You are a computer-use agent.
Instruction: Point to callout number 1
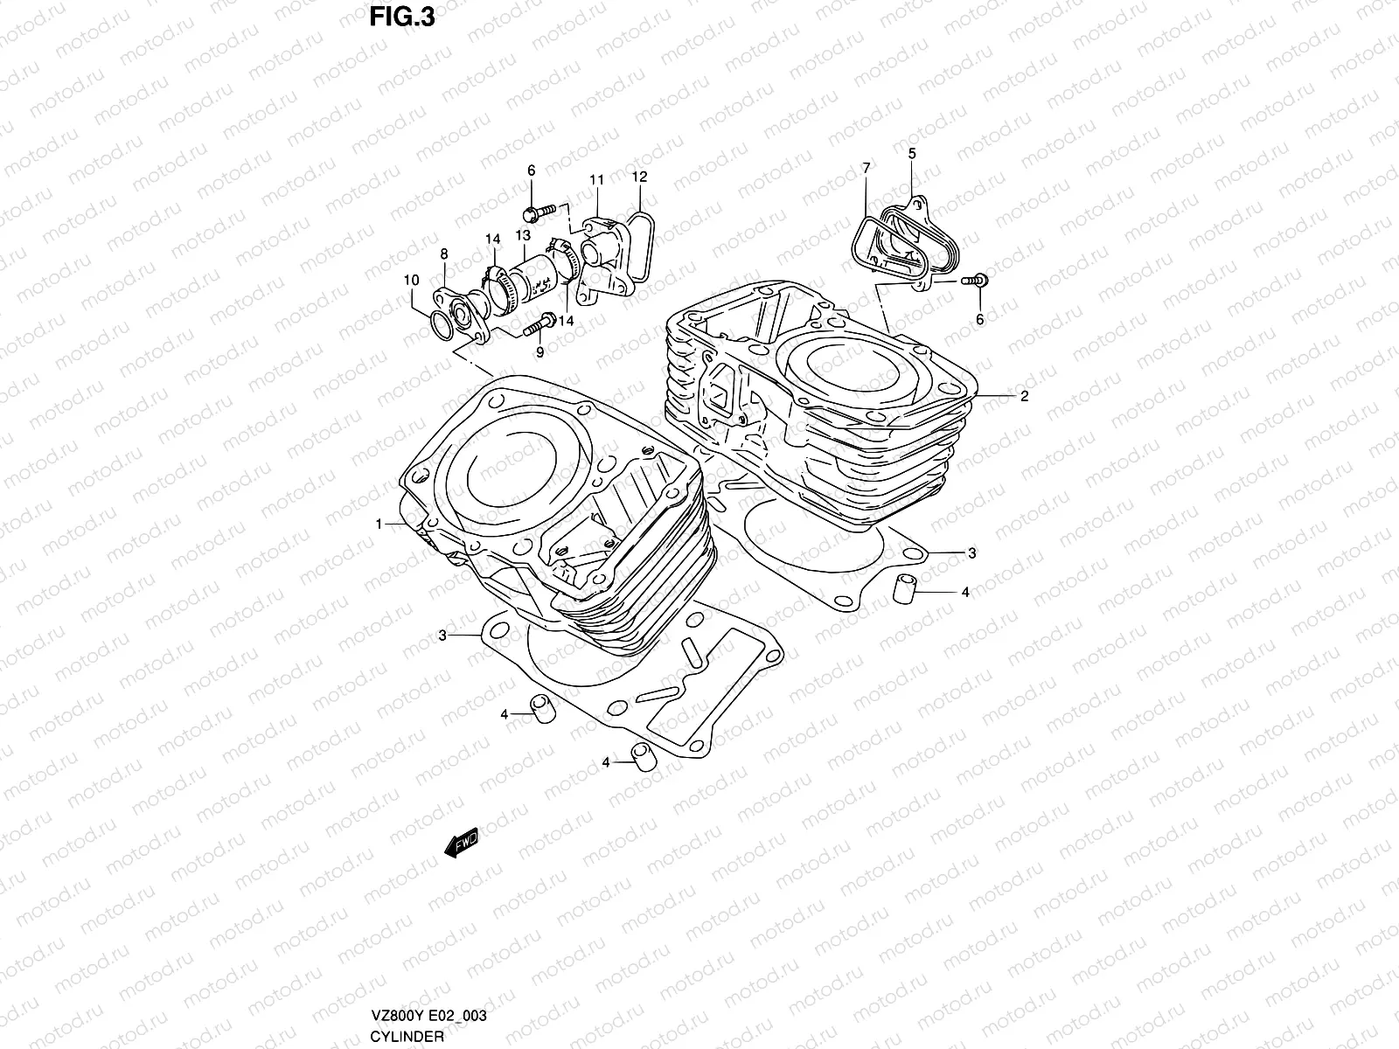(x=379, y=524)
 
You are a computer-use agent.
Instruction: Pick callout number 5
(x=911, y=154)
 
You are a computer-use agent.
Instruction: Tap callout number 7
(x=866, y=167)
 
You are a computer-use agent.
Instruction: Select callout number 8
(x=444, y=254)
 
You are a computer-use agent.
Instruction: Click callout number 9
(x=539, y=352)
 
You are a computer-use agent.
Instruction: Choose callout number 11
(x=596, y=180)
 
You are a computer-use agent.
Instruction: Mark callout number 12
(x=639, y=177)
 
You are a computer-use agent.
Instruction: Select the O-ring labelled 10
(x=443, y=327)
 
